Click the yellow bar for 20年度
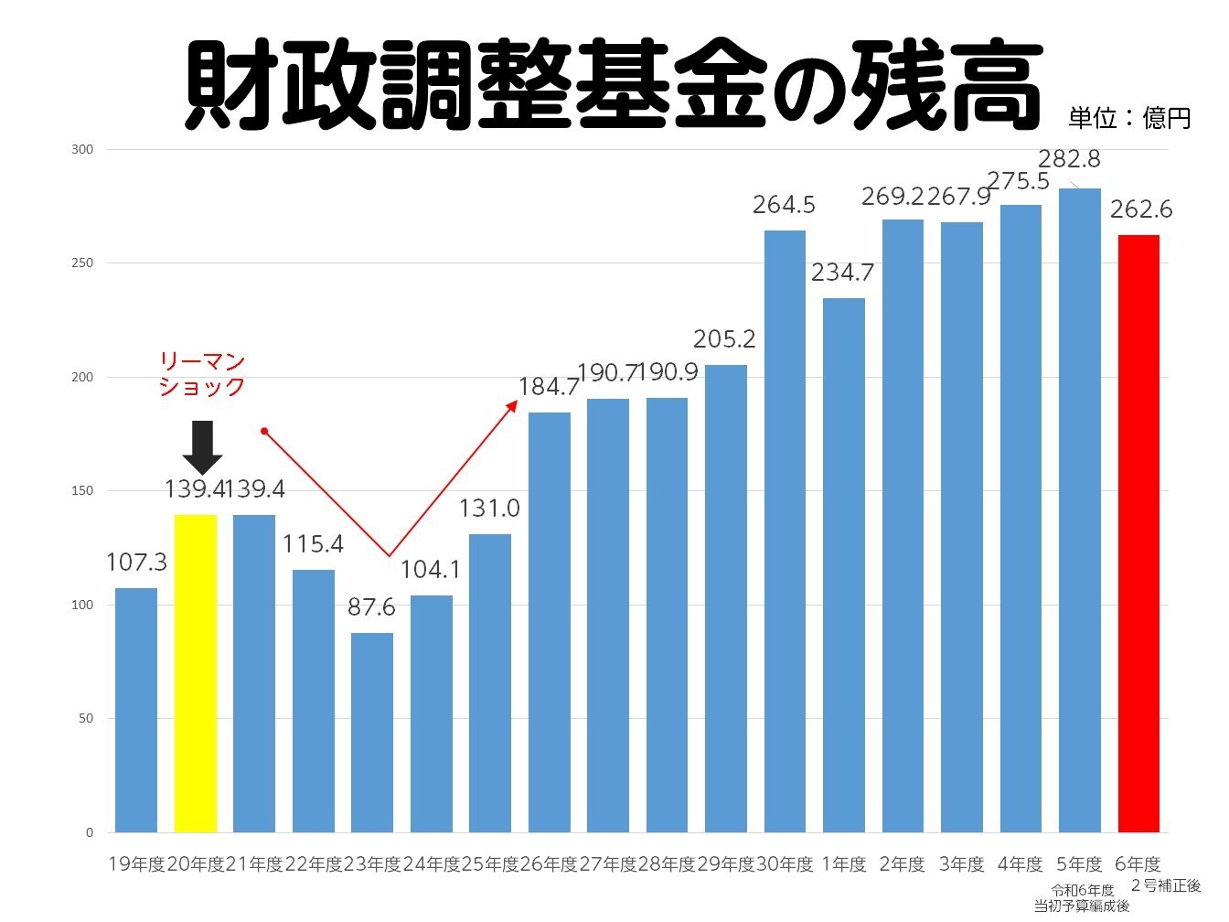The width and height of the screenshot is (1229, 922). pyautogui.click(x=196, y=673)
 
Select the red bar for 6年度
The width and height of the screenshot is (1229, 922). pyautogui.click(x=1138, y=533)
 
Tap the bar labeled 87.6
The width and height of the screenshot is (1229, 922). pyautogui.click(x=372, y=732)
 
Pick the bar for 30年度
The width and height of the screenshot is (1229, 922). pyautogui.click(x=785, y=531)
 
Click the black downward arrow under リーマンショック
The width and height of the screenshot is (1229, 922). pyautogui.click(x=202, y=446)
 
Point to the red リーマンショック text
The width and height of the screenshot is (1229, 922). pyautogui.click(x=202, y=374)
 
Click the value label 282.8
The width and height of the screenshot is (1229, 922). pyautogui.click(x=1069, y=159)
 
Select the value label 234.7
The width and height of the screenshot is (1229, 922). pyautogui.click(x=842, y=273)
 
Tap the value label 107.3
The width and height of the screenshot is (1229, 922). pyautogui.click(x=136, y=563)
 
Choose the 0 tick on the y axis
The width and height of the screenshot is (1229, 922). pyautogui.click(x=89, y=832)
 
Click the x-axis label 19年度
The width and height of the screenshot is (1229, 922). pyautogui.click(x=136, y=864)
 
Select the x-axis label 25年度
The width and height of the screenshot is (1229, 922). pyautogui.click(x=489, y=864)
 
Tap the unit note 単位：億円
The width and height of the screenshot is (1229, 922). pyautogui.click(x=1129, y=118)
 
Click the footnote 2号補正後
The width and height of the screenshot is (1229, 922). pyautogui.click(x=1166, y=885)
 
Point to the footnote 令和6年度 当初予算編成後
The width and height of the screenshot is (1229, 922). pyautogui.click(x=1082, y=898)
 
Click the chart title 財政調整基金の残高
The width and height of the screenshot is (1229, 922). pyautogui.click(x=613, y=84)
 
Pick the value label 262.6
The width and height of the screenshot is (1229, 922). pyautogui.click(x=1141, y=209)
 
